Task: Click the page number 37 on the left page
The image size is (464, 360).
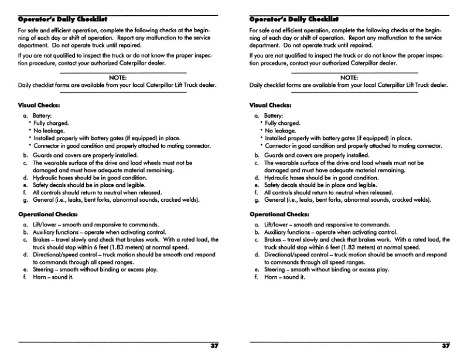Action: click(x=214, y=346)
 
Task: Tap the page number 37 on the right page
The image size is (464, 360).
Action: click(x=446, y=346)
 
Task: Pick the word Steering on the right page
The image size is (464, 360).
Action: click(x=275, y=270)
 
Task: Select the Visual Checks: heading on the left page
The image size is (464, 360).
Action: click(x=39, y=106)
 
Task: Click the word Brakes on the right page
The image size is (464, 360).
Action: click(x=274, y=240)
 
